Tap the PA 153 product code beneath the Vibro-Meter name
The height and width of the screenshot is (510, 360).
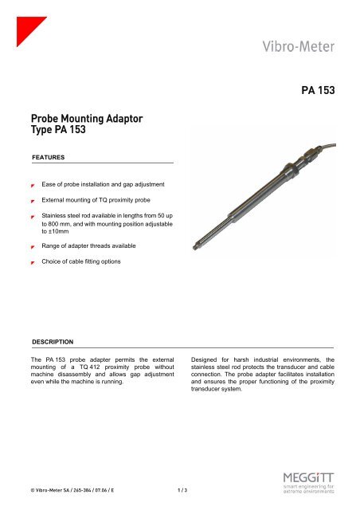click(326, 92)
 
